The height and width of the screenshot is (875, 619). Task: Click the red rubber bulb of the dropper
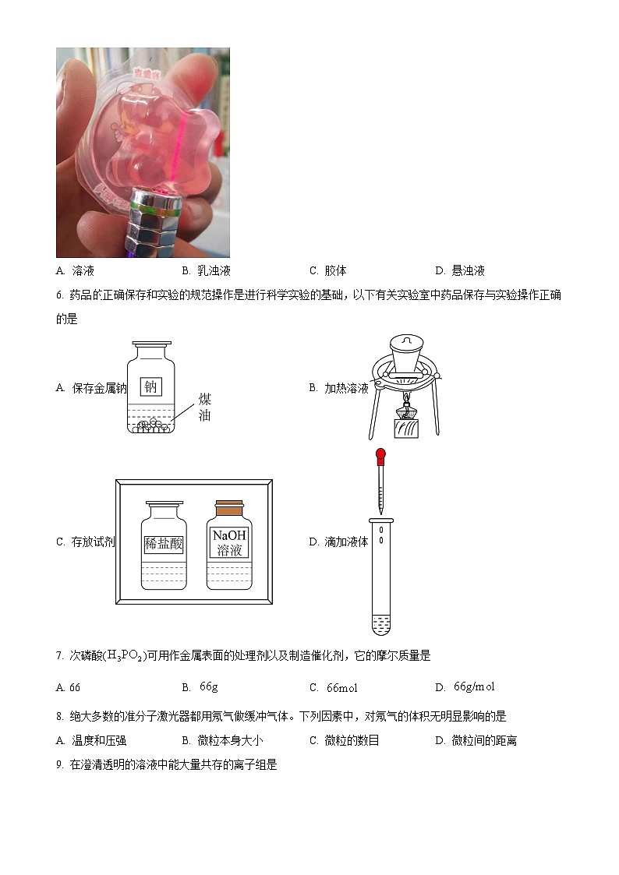[380, 454]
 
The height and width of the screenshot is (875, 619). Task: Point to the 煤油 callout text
[204, 407]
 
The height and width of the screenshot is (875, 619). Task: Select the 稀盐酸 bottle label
[164, 544]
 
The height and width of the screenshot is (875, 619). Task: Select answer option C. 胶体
[327, 270]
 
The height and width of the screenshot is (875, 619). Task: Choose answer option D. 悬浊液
[460, 270]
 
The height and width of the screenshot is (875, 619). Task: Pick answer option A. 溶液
[76, 270]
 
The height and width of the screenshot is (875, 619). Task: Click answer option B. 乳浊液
[207, 270]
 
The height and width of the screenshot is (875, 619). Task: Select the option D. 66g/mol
[465, 686]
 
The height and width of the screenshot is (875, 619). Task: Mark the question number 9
[59, 765]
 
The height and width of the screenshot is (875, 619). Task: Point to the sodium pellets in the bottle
[151, 425]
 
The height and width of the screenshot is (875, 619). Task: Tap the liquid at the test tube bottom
[380, 623]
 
